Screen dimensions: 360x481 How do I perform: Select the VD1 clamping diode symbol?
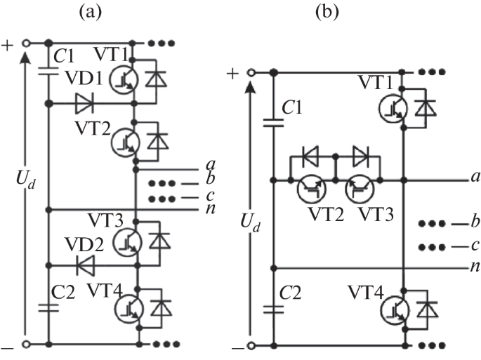[84, 104]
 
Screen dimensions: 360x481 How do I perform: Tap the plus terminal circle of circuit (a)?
[26, 43]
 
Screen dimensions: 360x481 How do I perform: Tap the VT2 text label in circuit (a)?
[90, 128]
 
